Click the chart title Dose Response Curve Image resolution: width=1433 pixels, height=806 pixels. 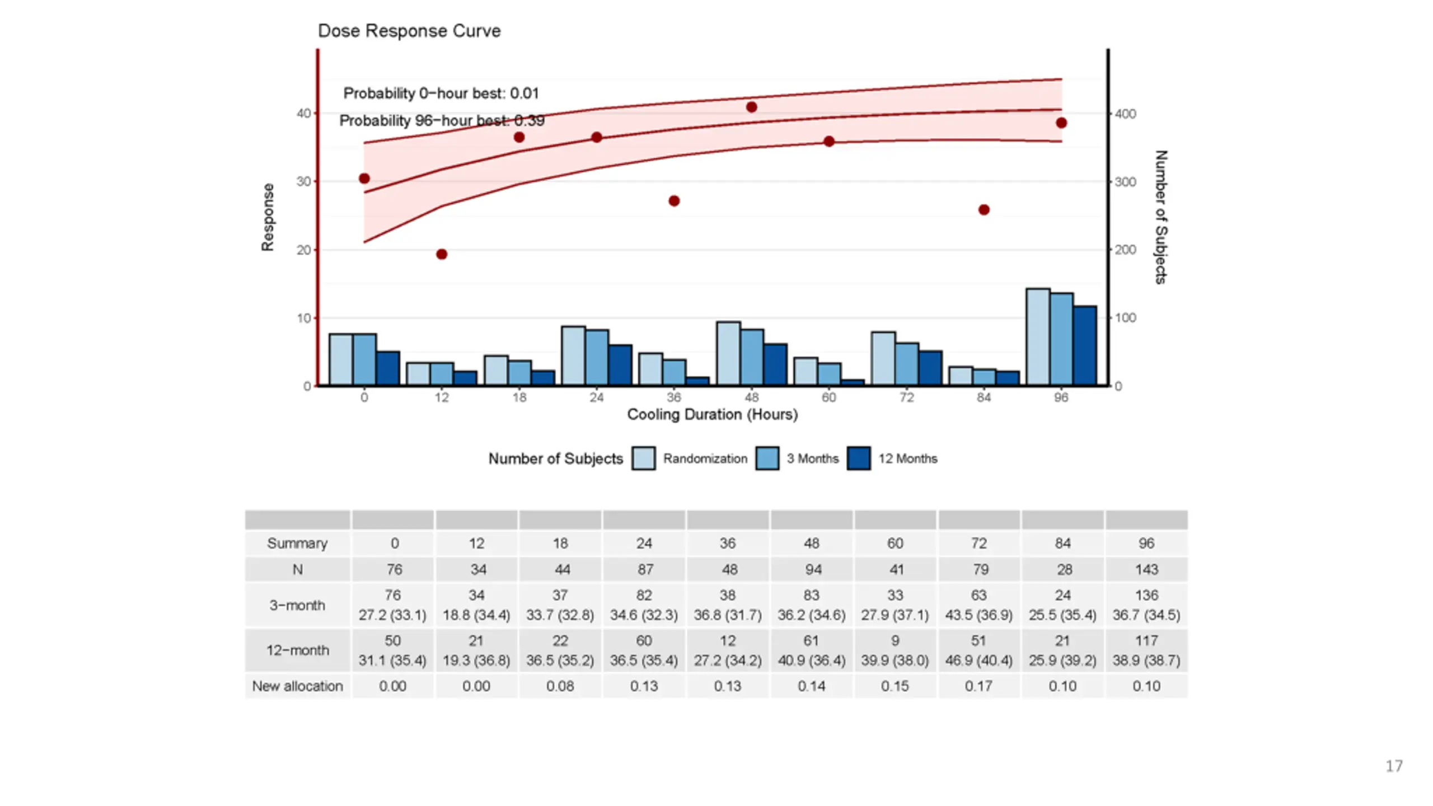pos(409,31)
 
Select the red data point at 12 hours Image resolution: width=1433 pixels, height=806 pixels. pos(442,255)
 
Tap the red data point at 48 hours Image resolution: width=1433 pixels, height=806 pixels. pos(752,107)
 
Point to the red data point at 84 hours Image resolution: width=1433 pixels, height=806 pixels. pos(984,210)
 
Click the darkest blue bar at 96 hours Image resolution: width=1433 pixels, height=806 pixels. pos(1085,345)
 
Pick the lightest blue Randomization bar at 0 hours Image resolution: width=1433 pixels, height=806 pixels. pos(341,359)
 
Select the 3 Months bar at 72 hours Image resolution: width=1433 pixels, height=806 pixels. pos(907,364)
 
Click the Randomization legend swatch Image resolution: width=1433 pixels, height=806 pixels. pos(644,458)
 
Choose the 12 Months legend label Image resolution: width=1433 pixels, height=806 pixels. pos(907,458)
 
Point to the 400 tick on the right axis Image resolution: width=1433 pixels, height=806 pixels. pos(1125,114)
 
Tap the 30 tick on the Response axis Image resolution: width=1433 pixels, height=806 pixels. pos(303,181)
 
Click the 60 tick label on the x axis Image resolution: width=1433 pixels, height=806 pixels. pos(829,397)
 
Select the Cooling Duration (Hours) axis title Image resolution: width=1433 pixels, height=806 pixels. pos(712,415)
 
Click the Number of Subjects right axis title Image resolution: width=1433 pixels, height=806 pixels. pos(1161,217)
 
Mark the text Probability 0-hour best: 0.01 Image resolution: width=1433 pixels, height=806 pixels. pos(441,93)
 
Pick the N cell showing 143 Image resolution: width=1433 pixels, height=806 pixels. pos(1146,570)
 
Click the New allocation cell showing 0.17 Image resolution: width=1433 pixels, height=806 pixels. pos(978,686)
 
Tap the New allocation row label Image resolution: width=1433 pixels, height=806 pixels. pos(297,686)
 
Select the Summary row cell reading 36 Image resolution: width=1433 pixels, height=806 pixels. pos(728,543)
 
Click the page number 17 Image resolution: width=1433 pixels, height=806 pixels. pos(1394,766)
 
